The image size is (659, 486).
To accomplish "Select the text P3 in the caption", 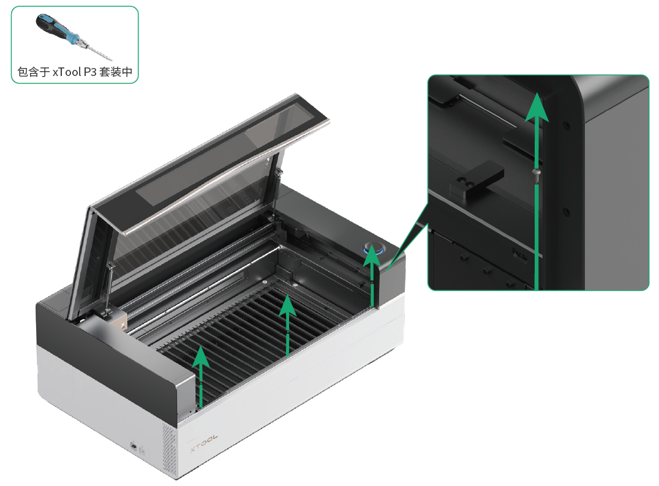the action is tap(90, 72).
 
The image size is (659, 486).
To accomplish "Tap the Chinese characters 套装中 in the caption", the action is tap(116, 72).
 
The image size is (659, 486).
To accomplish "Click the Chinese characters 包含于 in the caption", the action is tap(34, 72).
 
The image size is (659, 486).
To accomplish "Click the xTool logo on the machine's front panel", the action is tap(204, 443).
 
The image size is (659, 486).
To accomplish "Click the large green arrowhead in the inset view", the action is tap(537, 107).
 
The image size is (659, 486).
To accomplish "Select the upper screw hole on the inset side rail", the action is tap(566, 125).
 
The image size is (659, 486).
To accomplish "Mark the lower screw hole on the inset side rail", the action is tap(566, 211).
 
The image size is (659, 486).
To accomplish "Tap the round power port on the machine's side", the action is tap(134, 445).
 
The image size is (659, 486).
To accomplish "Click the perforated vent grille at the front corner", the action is tap(170, 450).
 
